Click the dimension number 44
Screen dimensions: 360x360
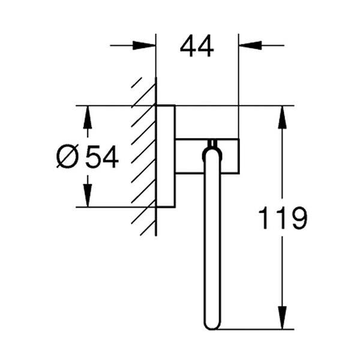197,46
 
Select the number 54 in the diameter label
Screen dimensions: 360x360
101,157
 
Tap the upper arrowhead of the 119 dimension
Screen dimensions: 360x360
282,116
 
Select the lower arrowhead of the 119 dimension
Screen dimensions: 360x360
282,318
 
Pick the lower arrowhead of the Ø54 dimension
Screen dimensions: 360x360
88,196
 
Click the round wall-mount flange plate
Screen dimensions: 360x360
166,157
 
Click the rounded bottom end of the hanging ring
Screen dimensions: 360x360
212,324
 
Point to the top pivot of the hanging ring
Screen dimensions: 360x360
212,146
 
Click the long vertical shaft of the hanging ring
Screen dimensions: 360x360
212,240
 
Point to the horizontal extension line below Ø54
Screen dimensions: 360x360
108,207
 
